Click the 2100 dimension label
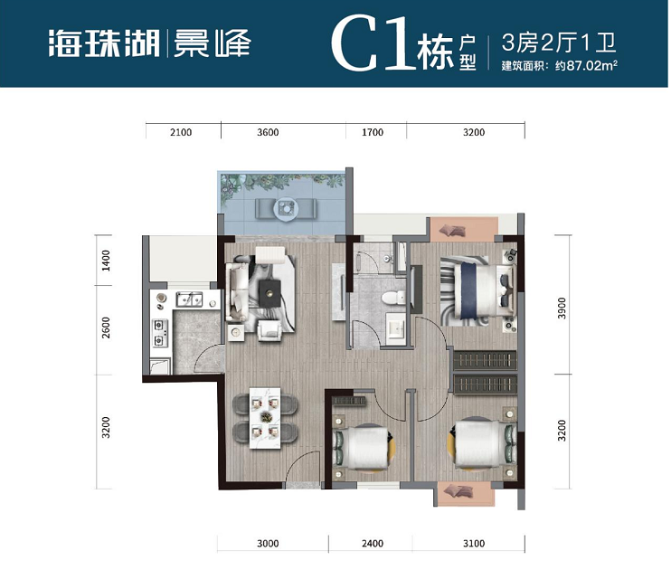tap(181, 133)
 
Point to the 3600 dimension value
tap(268, 133)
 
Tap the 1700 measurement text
tap(373, 133)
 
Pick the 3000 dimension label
tap(268, 544)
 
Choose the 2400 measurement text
tap(373, 544)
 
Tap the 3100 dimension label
tap(473, 544)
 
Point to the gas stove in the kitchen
tap(162, 331)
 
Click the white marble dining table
tap(268, 416)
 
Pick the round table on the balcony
tap(285, 209)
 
